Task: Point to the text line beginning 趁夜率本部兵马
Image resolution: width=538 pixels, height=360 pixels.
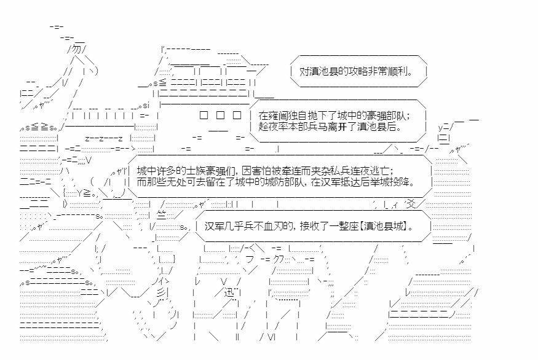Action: point(330,127)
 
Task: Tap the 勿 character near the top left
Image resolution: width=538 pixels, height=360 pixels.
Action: point(77,49)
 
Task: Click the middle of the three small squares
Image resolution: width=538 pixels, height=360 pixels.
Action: point(220,115)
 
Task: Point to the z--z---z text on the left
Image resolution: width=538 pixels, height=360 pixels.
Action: point(104,138)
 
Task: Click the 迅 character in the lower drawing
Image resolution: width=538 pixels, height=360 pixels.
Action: point(229,292)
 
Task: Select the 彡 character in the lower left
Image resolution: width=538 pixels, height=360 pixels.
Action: point(161,292)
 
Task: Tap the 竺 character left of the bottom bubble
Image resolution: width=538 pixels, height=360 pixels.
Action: point(161,215)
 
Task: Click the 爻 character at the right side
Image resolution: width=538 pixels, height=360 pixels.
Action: point(411,204)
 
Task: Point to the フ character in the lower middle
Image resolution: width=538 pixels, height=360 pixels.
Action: point(250,259)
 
